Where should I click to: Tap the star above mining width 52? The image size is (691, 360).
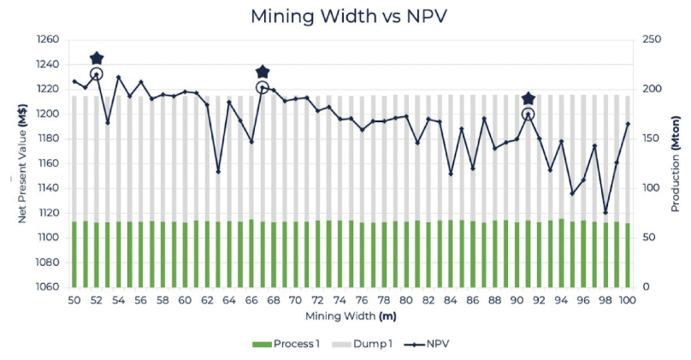coord(97,58)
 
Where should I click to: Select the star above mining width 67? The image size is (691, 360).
coord(263,72)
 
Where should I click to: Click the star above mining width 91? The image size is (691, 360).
coord(529,99)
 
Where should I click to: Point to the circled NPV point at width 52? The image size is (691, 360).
coord(97,74)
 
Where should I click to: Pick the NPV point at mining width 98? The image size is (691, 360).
coord(605,213)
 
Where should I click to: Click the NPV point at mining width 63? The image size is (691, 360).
coord(218,172)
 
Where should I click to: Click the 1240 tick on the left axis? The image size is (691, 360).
coord(49,64)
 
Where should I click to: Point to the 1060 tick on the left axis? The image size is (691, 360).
coord(49,287)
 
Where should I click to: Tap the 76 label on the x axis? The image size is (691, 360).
coord(362,301)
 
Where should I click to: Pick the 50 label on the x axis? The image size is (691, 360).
coord(74,301)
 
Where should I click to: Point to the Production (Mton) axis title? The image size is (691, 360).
coord(675,162)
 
